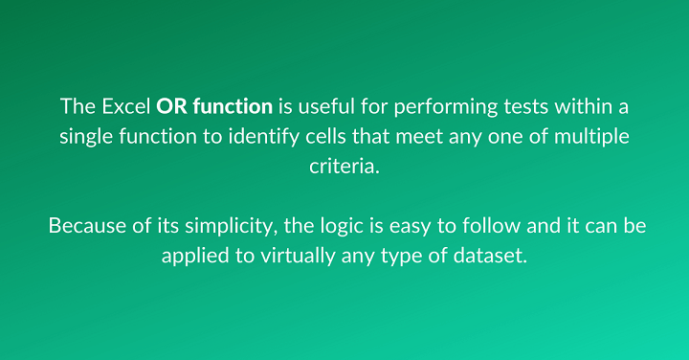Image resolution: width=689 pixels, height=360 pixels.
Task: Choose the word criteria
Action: coord(344,166)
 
